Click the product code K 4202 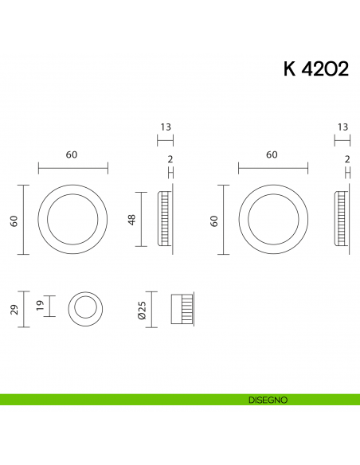pyautogui.click(x=315, y=69)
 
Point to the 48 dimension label pyautogui.click(x=133, y=219)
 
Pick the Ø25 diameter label pyautogui.click(x=141, y=310)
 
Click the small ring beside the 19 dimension pyautogui.click(x=84, y=307)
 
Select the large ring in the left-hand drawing pyautogui.click(x=72, y=221)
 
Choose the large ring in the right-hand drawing pyautogui.click(x=273, y=221)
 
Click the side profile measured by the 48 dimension pyautogui.click(x=166, y=220)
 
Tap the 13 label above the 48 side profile pyautogui.click(x=165, y=127)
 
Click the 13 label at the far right pyautogui.click(x=342, y=127)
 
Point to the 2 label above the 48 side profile pyautogui.click(x=170, y=159)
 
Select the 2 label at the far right pyautogui.click(x=348, y=159)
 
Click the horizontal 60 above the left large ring pyautogui.click(x=72, y=154)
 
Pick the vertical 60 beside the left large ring pyautogui.click(x=14, y=221)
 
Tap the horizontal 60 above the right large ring pyautogui.click(x=272, y=154)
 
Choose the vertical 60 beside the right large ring pyautogui.click(x=213, y=221)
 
